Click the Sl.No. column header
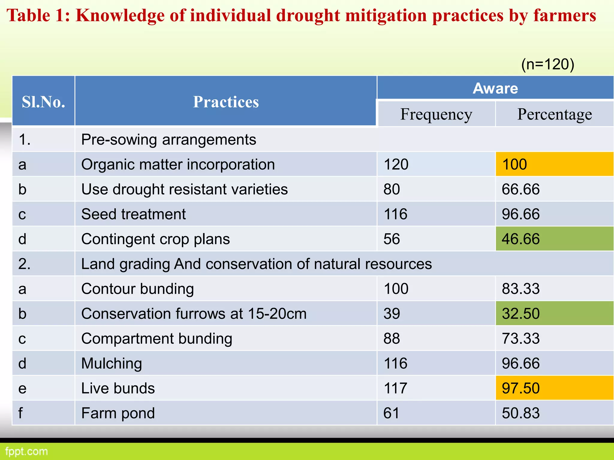pos(43,102)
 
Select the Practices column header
pos(226,102)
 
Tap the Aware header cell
pos(495,88)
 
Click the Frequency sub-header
pos(436,114)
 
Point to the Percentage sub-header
pos(555,114)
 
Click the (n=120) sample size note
pos(548,64)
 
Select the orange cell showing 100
pos(555,164)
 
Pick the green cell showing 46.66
pos(555,239)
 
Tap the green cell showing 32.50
pos(555,314)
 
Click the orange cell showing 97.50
pos(555,388)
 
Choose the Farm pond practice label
pos(118,413)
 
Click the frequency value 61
pos(391,413)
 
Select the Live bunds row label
pos(118,388)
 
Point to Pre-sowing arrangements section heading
pos(168,140)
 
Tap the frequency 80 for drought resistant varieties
pos(392,189)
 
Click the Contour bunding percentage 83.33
pos(521,289)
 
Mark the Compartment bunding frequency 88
pos(392,338)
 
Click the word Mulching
pos(112,364)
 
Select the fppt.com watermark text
pos(26,451)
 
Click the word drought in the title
pos(308,16)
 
